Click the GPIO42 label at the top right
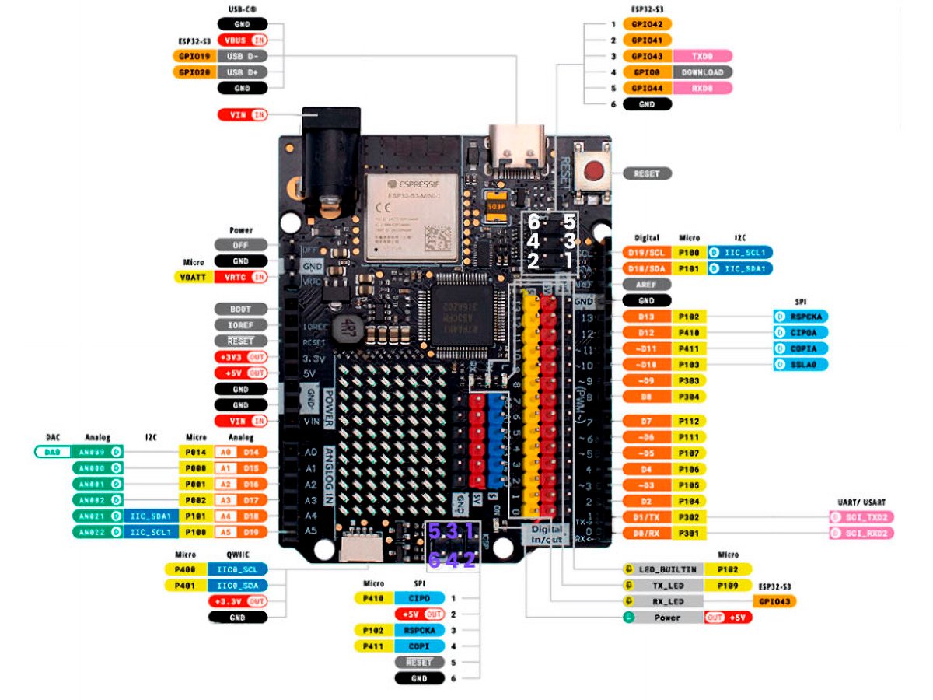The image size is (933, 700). coord(647,24)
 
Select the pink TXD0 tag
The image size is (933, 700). coord(703,56)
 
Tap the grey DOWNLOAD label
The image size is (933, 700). coord(703,72)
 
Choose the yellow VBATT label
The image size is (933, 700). coord(191,277)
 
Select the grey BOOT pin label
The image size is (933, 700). coord(240,309)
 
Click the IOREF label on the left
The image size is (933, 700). coord(240,325)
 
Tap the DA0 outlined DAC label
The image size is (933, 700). coord(52,451)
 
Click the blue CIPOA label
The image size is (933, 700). coord(800,333)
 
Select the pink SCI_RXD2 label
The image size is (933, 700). coord(861,533)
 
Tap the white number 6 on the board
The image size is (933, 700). coord(533,221)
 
